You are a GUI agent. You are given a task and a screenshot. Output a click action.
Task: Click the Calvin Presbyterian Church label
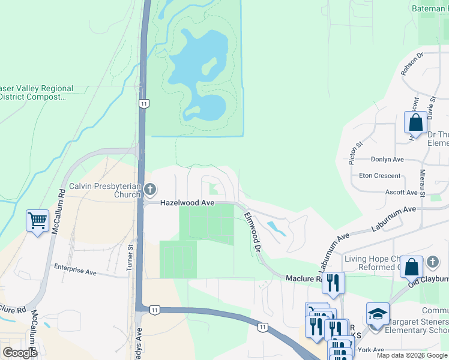pos(104,190)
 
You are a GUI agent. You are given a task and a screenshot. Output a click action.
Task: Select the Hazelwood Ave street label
pos(187,203)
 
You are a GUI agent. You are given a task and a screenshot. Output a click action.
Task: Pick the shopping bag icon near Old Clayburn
pos(412,267)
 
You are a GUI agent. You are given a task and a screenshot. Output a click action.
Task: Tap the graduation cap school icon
pos(377,314)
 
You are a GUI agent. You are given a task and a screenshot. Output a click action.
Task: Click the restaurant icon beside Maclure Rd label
pos(333,283)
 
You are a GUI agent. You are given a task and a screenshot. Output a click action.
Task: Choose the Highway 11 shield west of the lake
pos(143,104)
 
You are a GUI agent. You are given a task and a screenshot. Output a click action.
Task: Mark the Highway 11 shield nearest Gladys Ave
pos(155,310)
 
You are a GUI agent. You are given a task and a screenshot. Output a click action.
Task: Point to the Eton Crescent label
pos(379,176)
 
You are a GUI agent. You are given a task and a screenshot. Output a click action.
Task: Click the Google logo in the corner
pos(20,353)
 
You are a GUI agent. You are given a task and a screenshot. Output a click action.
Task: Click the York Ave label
pos(370,350)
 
